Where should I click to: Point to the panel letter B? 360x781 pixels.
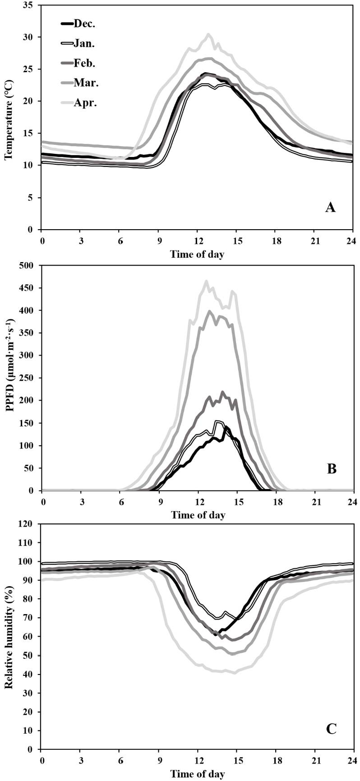[332, 469]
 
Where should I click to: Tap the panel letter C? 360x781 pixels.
[332, 729]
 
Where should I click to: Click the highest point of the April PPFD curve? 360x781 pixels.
[206, 281]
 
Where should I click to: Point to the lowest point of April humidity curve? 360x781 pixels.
[235, 673]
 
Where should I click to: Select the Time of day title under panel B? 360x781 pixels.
[198, 515]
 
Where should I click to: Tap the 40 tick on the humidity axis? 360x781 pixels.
[30, 674]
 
